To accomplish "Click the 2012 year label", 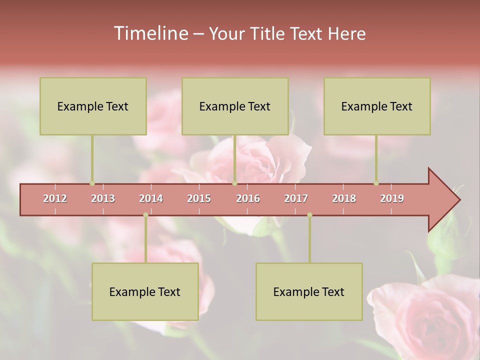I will (x=55, y=198).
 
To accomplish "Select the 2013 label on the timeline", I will (x=103, y=198).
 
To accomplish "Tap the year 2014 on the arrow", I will (x=151, y=198).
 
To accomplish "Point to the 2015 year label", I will (x=199, y=198).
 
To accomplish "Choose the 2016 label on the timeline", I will (x=248, y=198).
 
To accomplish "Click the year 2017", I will (x=296, y=198).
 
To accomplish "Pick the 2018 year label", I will (x=344, y=198).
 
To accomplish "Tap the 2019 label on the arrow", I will (x=392, y=198).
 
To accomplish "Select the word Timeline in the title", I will (x=150, y=33).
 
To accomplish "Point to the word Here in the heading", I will (x=346, y=34).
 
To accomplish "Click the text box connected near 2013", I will (x=93, y=106).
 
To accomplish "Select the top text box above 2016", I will (x=235, y=106).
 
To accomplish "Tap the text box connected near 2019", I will (x=377, y=106).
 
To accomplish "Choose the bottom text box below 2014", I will (x=145, y=291).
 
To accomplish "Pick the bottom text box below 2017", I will (x=309, y=291).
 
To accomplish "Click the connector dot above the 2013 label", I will (x=92, y=183).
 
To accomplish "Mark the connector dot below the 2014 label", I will (x=145, y=214).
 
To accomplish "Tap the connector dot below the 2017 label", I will (x=309, y=214).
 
